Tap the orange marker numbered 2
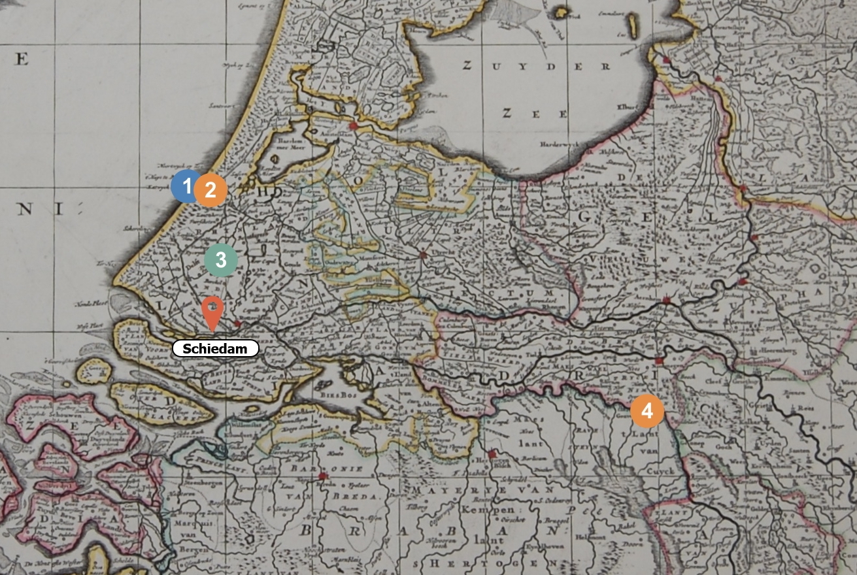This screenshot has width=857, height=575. (x=210, y=190)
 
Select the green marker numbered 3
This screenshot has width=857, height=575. (x=221, y=260)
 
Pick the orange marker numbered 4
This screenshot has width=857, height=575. (x=647, y=411)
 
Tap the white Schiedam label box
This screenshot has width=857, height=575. (x=215, y=349)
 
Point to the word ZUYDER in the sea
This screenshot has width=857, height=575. (x=536, y=66)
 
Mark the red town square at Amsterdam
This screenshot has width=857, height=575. (x=354, y=125)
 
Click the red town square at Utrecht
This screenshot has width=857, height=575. (x=423, y=255)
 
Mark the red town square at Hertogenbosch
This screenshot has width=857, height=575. (x=492, y=454)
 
